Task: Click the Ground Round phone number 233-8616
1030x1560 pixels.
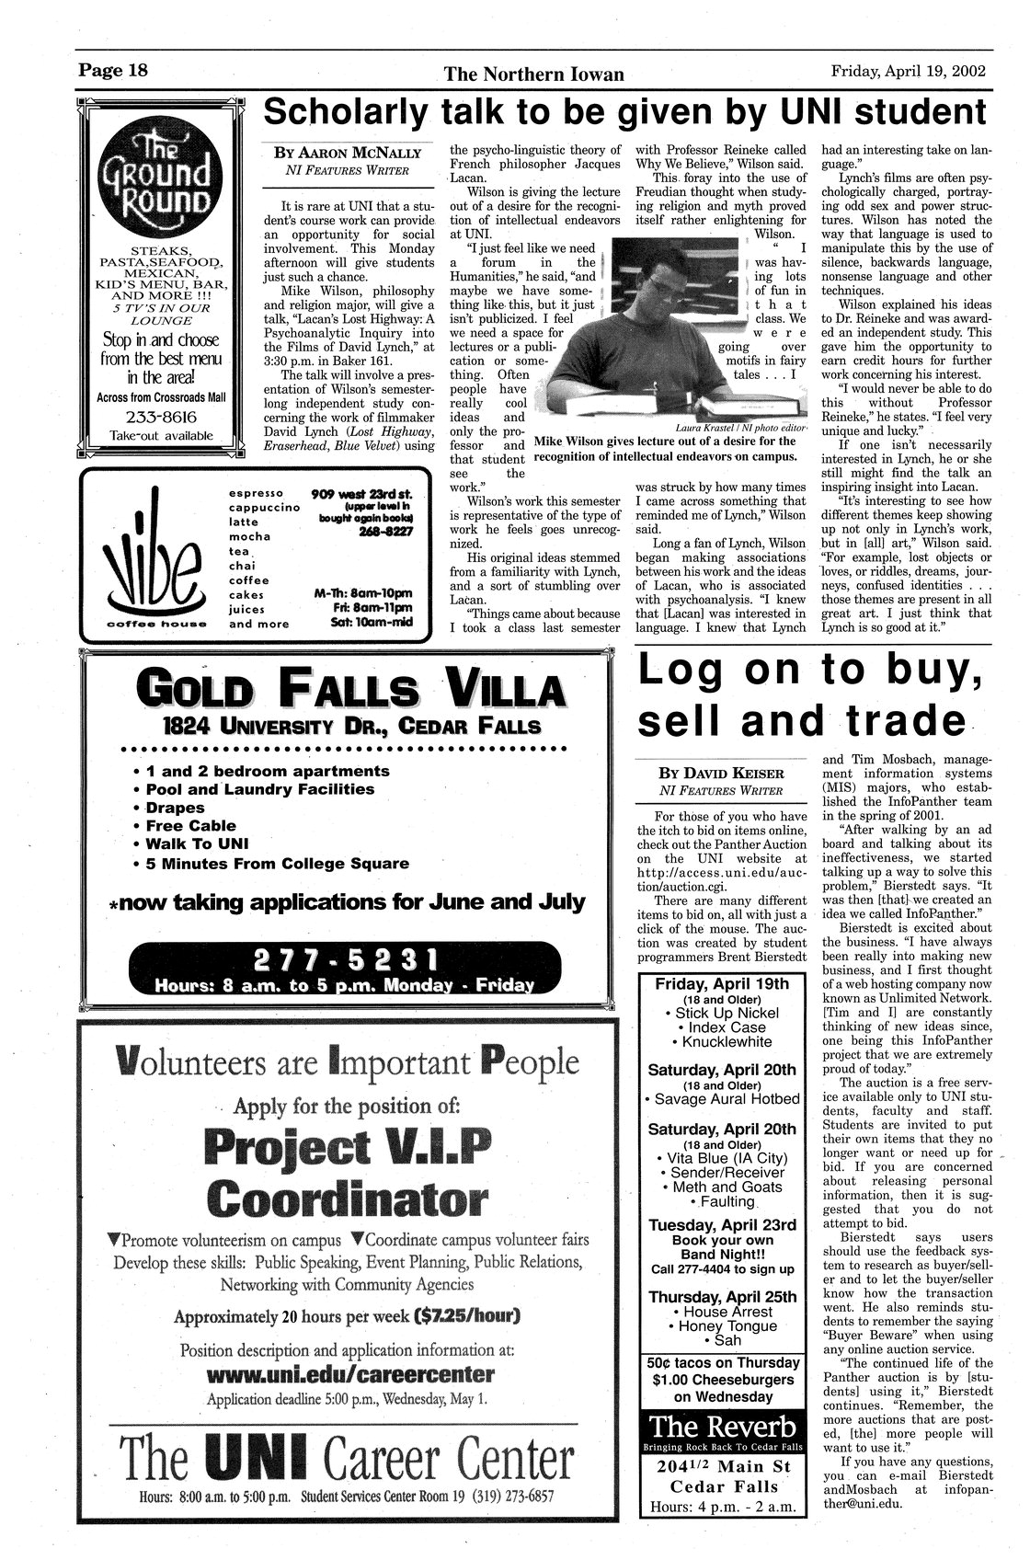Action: [x=162, y=415]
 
